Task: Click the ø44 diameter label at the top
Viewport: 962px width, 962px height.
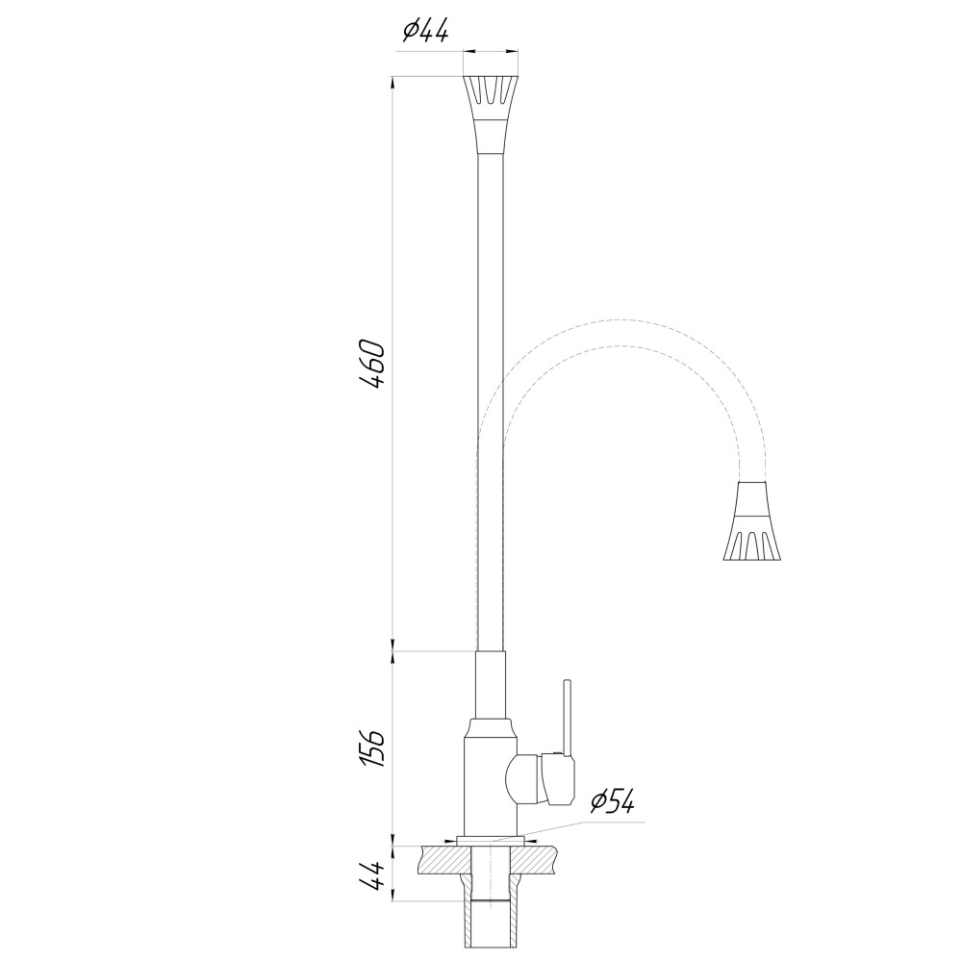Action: click(425, 31)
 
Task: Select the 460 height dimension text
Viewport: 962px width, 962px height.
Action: click(371, 364)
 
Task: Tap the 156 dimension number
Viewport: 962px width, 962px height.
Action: click(371, 748)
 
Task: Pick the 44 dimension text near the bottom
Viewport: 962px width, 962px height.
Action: click(371, 874)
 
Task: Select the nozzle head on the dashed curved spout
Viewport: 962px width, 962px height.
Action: click(752, 520)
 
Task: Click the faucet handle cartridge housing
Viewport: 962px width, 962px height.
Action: click(542, 778)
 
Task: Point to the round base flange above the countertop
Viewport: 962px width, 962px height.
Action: click(490, 840)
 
